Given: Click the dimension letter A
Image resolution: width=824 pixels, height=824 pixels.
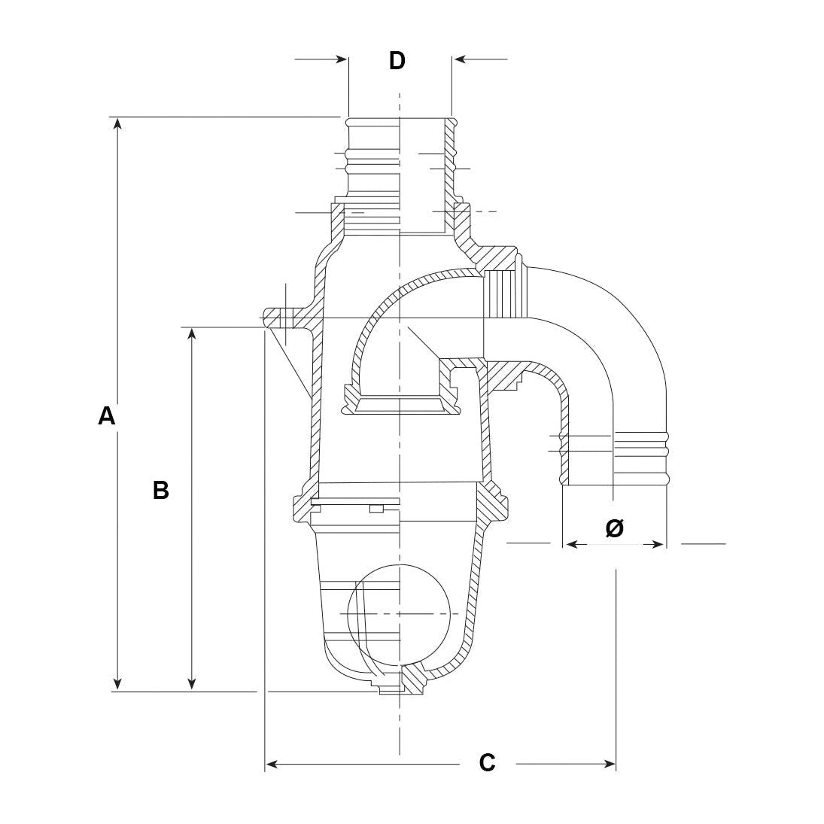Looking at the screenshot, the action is [107, 416].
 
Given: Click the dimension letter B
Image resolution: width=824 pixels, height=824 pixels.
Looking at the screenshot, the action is [161, 491].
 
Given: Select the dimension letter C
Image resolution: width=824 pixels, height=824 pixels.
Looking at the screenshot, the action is [487, 762].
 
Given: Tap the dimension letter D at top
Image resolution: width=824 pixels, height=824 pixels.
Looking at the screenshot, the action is [397, 60].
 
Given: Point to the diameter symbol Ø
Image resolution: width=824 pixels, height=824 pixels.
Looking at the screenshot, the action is [614, 528].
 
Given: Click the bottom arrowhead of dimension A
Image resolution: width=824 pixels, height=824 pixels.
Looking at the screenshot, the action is [117, 683].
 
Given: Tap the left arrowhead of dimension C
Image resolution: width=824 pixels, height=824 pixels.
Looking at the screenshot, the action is [272, 764].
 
